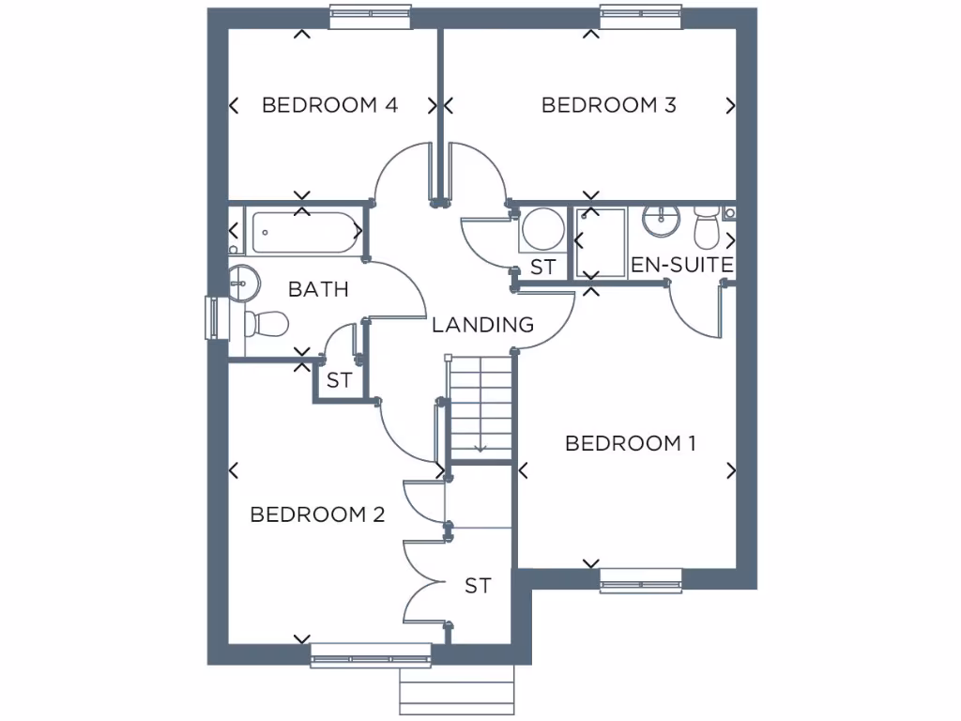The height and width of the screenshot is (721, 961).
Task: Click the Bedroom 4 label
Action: tap(329, 105)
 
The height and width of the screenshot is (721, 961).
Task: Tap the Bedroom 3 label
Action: tap(609, 105)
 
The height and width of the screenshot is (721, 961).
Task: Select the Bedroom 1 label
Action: tap(631, 443)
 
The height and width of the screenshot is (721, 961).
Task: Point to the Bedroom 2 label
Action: tap(317, 514)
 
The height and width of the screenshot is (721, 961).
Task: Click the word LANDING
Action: tap(482, 326)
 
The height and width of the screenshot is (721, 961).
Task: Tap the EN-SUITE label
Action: tap(681, 266)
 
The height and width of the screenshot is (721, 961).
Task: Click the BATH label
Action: tap(318, 289)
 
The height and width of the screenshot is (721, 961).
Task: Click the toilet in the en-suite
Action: tap(706, 227)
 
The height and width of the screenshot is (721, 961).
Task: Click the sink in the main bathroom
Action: tap(242, 281)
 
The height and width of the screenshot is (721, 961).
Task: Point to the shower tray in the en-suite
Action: tap(601, 242)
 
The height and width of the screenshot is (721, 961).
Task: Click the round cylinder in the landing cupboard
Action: tap(542, 228)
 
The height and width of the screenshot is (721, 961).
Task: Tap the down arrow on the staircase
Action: tap(480, 447)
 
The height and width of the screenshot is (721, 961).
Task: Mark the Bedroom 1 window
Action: tap(641, 582)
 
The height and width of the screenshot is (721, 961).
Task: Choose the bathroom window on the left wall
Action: tap(212, 318)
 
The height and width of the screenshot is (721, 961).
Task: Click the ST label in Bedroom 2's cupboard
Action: tap(478, 587)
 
